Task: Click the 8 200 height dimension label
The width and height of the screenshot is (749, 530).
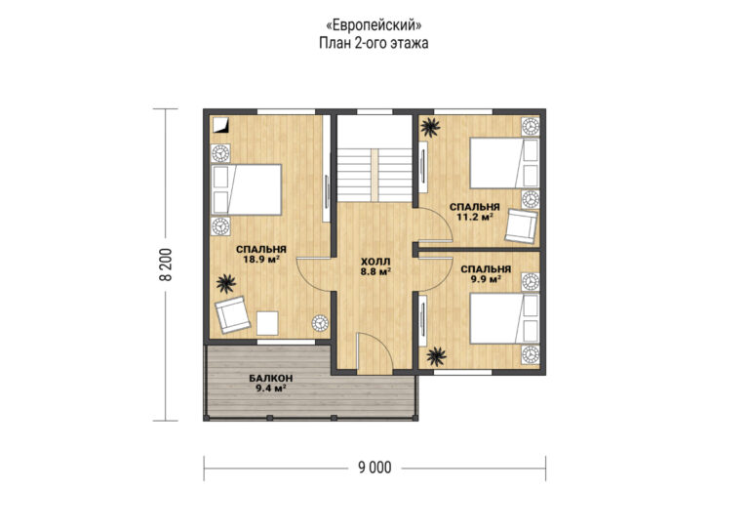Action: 166,265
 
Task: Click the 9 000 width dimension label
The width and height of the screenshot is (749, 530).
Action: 374,468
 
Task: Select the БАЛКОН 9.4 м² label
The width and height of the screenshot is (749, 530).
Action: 271,384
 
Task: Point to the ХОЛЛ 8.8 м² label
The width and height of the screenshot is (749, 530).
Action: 375,266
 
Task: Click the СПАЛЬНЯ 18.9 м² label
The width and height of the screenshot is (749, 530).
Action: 261,254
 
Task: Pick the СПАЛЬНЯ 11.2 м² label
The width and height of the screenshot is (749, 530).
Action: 474,212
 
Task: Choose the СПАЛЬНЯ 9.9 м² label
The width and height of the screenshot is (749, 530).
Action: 486,274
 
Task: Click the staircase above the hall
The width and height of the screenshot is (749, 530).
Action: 374,175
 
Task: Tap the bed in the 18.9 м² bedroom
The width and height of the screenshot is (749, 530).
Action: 247,189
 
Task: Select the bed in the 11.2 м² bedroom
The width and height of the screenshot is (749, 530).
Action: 504,163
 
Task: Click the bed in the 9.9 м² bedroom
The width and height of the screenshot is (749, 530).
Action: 504,318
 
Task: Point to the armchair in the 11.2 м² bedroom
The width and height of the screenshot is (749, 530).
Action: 522,226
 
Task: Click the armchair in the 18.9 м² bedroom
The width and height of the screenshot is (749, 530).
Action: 232,314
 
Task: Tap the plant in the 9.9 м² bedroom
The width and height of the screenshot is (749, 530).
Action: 436,356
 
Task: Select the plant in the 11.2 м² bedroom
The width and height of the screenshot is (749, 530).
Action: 430,127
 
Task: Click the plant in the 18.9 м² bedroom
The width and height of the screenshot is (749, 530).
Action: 226,284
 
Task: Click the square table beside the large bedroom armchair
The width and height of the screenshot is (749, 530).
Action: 267,323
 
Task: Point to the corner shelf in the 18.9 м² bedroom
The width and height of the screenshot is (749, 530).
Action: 220,125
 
